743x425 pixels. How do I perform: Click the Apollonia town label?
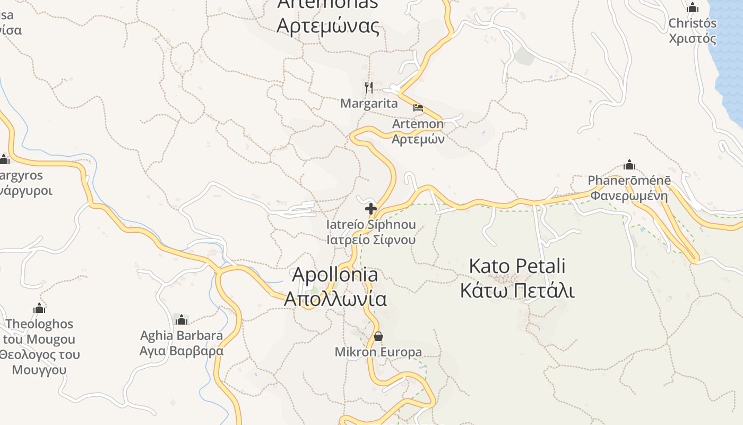(x=335, y=275)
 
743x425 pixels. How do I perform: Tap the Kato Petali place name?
(x=517, y=266)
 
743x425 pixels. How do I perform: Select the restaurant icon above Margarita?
(x=369, y=87)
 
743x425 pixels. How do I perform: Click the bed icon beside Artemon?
(x=418, y=108)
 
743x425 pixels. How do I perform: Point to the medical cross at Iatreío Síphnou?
(x=371, y=209)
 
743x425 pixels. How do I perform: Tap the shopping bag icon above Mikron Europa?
(x=378, y=336)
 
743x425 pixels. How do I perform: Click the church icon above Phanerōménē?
(x=629, y=165)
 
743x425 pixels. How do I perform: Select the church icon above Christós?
(x=692, y=8)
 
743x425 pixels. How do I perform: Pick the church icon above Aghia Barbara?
(x=182, y=319)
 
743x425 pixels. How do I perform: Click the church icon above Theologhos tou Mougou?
(x=39, y=308)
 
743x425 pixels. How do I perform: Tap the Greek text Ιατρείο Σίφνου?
(x=371, y=240)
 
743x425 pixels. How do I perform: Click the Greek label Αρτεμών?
(x=418, y=139)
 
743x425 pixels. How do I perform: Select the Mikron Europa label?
(x=378, y=352)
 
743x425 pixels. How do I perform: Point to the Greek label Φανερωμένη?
(x=629, y=196)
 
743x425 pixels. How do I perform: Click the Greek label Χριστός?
(x=692, y=39)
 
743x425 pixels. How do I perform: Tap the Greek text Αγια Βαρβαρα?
(x=182, y=351)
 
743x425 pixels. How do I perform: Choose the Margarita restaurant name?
(x=369, y=104)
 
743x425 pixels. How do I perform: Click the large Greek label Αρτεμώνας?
(x=328, y=25)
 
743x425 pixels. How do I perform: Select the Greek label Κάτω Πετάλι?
(x=517, y=291)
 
